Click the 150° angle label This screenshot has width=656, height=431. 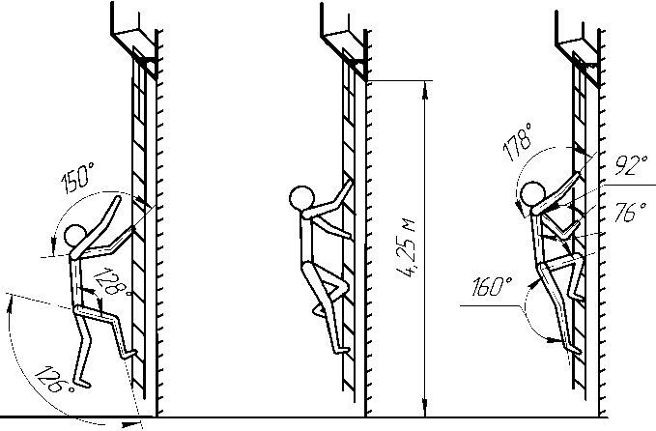78,178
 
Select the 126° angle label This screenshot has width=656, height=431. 55,380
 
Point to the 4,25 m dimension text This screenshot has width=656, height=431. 406,248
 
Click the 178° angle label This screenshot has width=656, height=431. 518,142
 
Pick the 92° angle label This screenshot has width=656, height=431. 631,164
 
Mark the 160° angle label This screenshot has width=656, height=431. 492,287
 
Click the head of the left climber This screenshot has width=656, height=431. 75,237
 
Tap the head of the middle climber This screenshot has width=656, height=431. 301,198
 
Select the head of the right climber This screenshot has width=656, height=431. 532,194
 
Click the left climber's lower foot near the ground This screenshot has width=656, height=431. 81,382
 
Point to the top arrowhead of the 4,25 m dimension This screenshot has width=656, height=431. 425,90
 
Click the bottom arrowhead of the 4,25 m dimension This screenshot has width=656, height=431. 425,408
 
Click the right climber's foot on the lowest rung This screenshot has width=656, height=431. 573,348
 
